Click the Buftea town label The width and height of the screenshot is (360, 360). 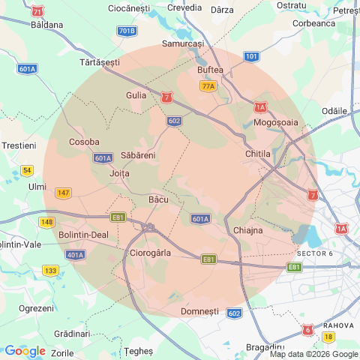point(210,70)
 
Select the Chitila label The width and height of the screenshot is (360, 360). point(257,154)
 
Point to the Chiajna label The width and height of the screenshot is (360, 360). point(248,229)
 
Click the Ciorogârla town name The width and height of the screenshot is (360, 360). point(151,253)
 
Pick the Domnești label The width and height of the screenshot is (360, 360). point(200,310)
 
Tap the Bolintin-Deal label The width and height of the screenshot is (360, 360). point(83,234)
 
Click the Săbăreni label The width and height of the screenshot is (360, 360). point(138,155)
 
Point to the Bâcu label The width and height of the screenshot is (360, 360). point(158,199)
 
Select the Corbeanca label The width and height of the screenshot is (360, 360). point(314,23)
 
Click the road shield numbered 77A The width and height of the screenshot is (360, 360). point(208,86)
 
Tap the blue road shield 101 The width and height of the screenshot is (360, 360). point(252,56)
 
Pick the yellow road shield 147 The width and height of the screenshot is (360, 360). point(63,193)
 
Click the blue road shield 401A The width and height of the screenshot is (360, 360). point(75,255)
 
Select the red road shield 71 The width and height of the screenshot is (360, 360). point(37,12)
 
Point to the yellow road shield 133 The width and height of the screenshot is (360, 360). point(50,271)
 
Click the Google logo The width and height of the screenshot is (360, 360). point(25,351)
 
